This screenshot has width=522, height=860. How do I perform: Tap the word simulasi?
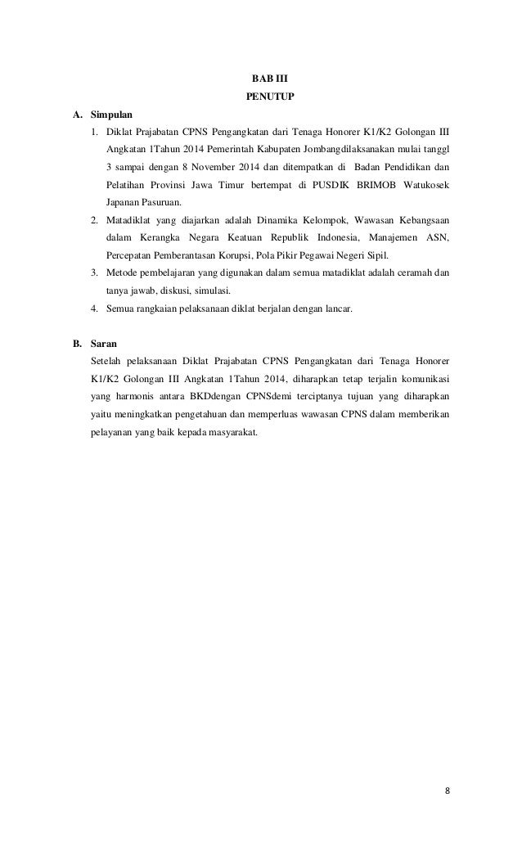[209, 290]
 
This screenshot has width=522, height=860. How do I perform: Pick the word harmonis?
[132, 395]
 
